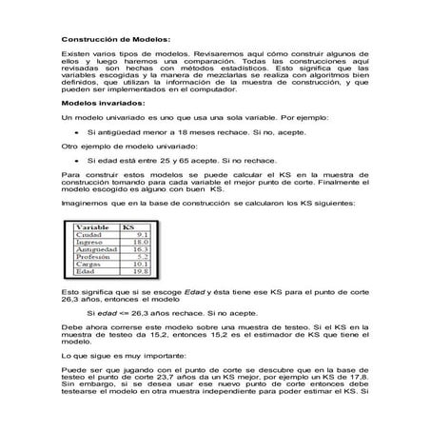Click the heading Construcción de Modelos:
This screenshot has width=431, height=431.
point(115,40)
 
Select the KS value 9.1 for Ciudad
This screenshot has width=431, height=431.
point(139,235)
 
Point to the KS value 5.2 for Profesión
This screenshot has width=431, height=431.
point(139,257)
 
